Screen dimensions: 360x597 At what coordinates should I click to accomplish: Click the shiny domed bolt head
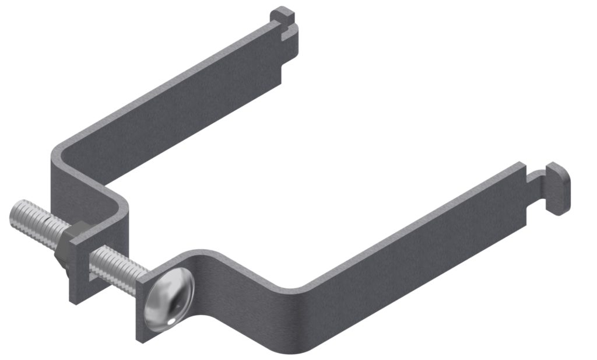click(x=170, y=300)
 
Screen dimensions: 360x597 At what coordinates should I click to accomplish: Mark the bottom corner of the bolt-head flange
click(x=141, y=338)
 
